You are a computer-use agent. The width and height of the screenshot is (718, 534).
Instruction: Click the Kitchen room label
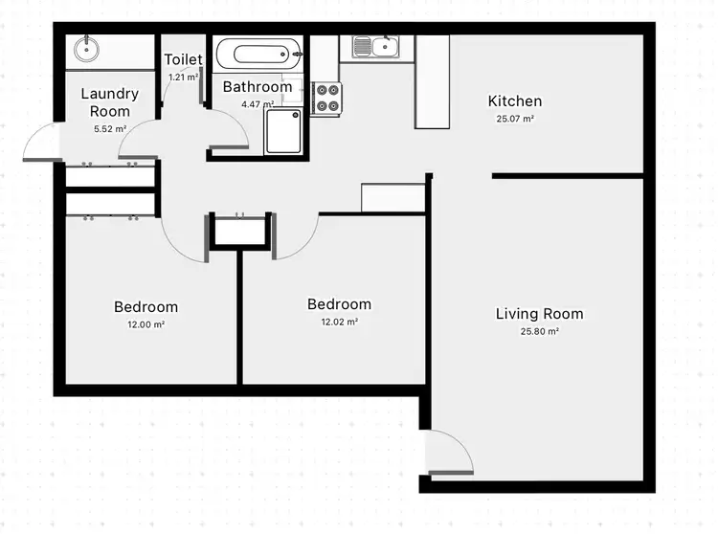coord(515,101)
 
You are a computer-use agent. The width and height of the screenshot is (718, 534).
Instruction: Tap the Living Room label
coord(539,314)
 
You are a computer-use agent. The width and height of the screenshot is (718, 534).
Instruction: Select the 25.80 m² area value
coord(539,332)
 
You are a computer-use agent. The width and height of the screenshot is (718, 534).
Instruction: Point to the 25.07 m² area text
coord(515,120)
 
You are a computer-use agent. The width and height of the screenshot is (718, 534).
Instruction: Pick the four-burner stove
coord(326,98)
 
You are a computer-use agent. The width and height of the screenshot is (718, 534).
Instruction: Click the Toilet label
coord(183,60)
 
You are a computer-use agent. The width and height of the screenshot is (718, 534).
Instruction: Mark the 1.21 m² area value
coord(183,77)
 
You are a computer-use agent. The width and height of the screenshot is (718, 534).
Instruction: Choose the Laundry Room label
coord(109,102)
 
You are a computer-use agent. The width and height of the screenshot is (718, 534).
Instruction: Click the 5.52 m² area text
coord(109,128)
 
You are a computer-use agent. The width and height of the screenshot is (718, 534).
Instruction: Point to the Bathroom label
coord(258,87)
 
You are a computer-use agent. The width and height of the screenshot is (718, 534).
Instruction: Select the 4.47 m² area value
coord(258,103)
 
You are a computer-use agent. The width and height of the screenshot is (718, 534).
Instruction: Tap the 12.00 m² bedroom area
coord(146,325)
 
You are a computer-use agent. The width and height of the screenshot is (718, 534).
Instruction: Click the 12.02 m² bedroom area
coord(339,323)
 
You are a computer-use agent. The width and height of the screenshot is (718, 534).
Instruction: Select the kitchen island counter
coord(432,82)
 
